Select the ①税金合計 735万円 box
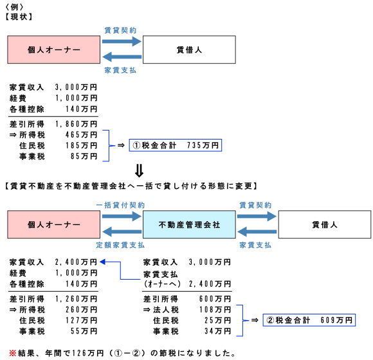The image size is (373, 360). pyautogui.click(x=175, y=145)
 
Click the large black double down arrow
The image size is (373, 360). pyautogui.click(x=138, y=172)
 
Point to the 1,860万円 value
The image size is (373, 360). pyautogui.click(x=77, y=123)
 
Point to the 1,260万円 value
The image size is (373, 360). pyautogui.click(x=77, y=298)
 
